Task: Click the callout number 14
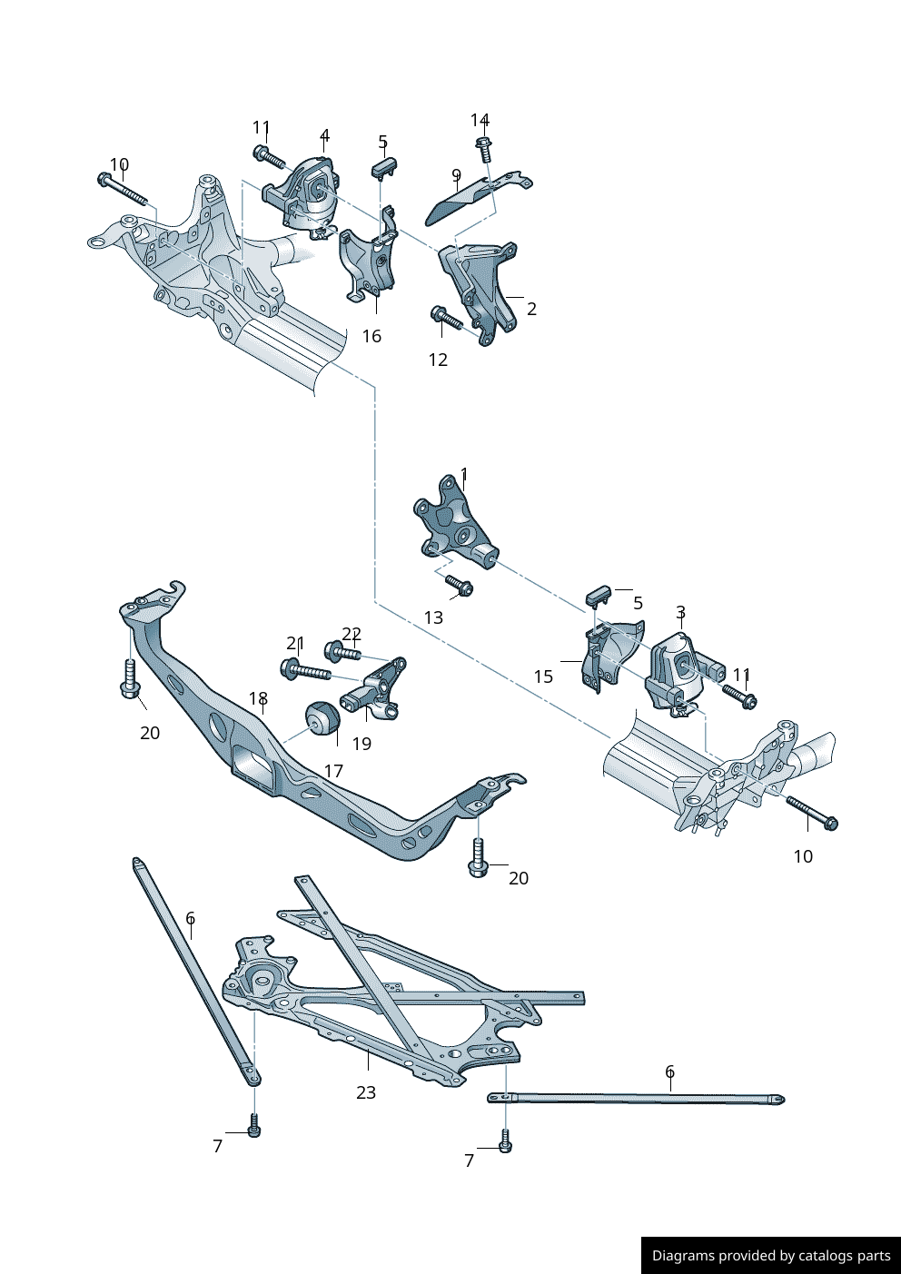(480, 121)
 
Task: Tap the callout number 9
(456, 175)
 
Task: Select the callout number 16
(371, 336)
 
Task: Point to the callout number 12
(438, 360)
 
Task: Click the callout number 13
(433, 617)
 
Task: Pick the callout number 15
(543, 677)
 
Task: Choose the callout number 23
(365, 1092)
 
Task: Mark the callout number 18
(258, 698)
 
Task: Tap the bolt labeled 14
(484, 150)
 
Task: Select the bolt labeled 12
(447, 319)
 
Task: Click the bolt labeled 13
(459, 586)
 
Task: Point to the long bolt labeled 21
(305, 672)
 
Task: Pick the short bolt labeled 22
(342, 651)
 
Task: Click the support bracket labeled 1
(454, 525)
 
